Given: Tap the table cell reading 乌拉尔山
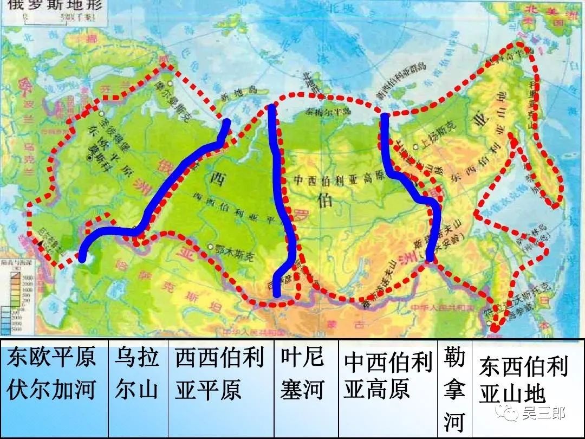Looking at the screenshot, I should pyautogui.click(x=136, y=373).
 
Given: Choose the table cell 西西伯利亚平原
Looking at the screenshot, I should pyautogui.click(x=219, y=373).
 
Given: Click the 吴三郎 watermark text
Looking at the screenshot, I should pyautogui.click(x=544, y=415).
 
